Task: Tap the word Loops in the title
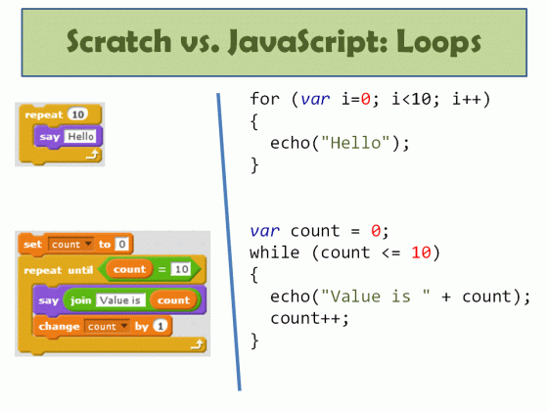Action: click(x=436, y=43)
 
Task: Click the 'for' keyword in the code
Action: click(x=264, y=100)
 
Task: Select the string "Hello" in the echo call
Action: click(x=356, y=143)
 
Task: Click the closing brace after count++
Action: click(x=255, y=340)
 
